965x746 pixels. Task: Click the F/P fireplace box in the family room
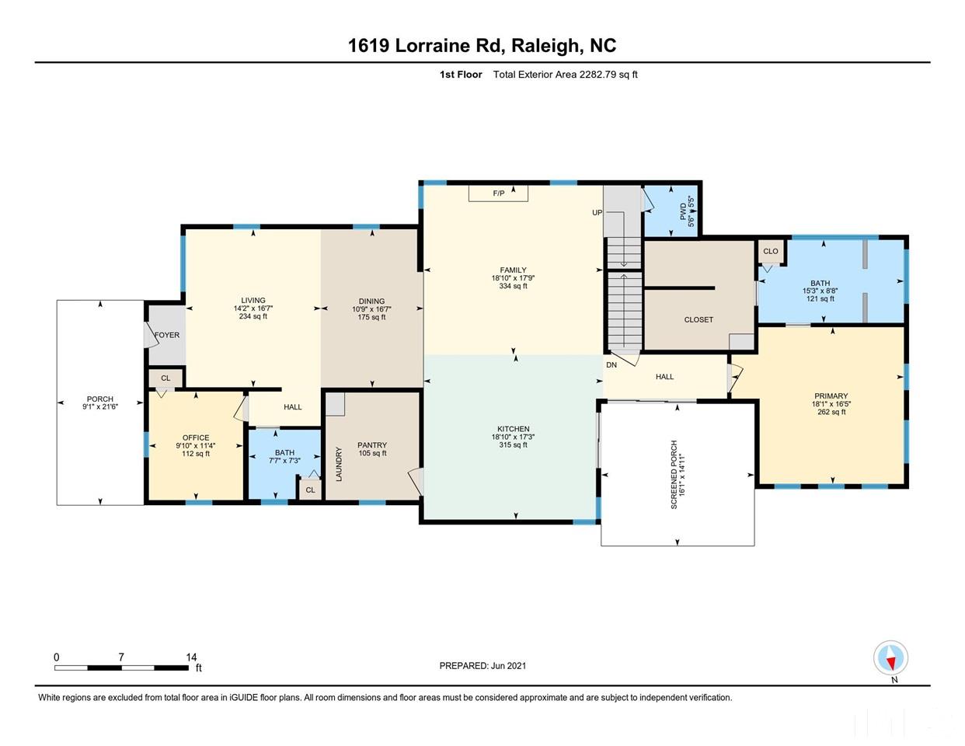498,193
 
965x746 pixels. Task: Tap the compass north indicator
890,659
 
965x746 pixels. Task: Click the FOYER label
167,336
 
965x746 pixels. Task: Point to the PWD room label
684,211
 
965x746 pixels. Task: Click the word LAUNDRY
339,464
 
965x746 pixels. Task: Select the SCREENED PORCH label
674,475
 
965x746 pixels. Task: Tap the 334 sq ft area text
513,286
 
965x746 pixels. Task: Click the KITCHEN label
513,429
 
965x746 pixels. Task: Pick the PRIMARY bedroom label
831,396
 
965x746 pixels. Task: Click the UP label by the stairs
597,212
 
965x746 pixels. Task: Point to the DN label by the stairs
611,364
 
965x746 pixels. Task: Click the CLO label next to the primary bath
770,252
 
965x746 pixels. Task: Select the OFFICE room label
196,438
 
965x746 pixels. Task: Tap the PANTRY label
372,445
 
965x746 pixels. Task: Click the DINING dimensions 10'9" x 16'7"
371,309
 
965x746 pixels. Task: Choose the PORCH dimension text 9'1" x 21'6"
99,406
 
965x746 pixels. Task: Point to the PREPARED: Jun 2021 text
482,666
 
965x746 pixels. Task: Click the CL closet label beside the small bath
310,490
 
